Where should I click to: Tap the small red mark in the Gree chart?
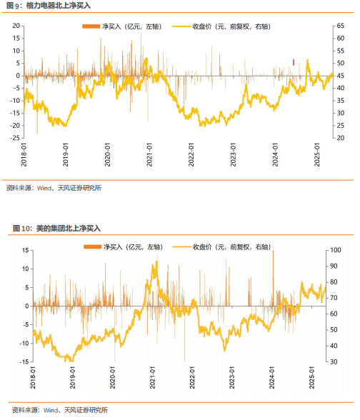pos(294,62)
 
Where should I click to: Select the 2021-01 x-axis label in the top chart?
pos(149,154)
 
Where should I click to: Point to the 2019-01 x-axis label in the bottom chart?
pos(73,378)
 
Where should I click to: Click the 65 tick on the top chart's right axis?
pos(341,26)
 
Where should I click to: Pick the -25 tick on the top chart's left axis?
pos(15,138)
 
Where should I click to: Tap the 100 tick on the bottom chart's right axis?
pos(336,250)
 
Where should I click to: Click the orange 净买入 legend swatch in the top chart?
pos(91,26)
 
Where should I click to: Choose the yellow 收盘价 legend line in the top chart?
pos(181,26)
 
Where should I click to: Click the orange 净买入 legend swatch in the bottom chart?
pos(92,246)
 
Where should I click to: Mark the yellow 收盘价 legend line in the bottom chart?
pos(182,246)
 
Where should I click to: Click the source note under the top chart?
pos(54,188)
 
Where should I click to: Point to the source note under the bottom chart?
pos(60,410)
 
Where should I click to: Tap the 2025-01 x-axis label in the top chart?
pos(317,154)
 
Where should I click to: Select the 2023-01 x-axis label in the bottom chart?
pos(232,378)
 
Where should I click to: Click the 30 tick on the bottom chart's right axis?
pos(334,361)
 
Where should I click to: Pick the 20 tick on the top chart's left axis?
pos(16,26)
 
